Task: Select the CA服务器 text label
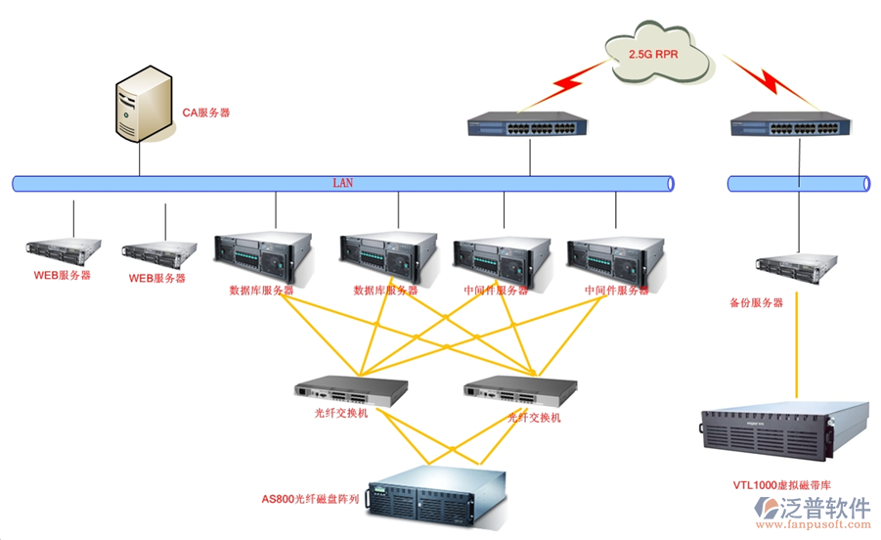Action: click(206, 113)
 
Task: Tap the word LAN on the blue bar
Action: click(343, 183)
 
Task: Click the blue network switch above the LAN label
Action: click(529, 124)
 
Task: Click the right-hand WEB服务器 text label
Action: click(156, 279)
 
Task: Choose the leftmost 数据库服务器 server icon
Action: click(263, 256)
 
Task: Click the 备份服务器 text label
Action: click(756, 303)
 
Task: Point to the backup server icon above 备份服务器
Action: click(797, 264)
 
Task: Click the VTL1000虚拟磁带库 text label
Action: click(783, 484)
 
